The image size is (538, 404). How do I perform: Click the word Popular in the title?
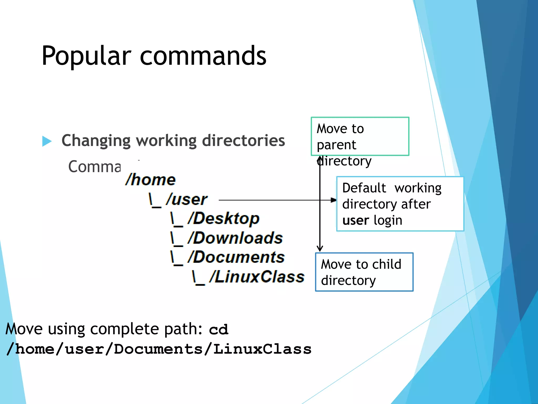86,56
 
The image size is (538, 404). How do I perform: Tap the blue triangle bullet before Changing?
47,141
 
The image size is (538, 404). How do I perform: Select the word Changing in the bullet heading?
96,141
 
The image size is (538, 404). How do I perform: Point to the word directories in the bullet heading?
244,140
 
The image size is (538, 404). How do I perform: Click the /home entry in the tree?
151,180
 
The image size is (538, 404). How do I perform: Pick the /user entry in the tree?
187,199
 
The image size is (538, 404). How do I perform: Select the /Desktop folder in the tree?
224,219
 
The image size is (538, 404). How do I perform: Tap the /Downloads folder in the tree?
235,238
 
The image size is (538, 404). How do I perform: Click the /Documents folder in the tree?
236,257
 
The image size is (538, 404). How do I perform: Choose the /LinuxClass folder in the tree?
257,277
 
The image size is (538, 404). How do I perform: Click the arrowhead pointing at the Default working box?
333,200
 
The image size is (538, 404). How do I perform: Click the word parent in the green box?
337,145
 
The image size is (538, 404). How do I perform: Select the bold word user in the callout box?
356,220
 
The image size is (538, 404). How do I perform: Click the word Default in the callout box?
364,188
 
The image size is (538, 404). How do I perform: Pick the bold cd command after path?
219,330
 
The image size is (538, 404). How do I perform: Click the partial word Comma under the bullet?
94,167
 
